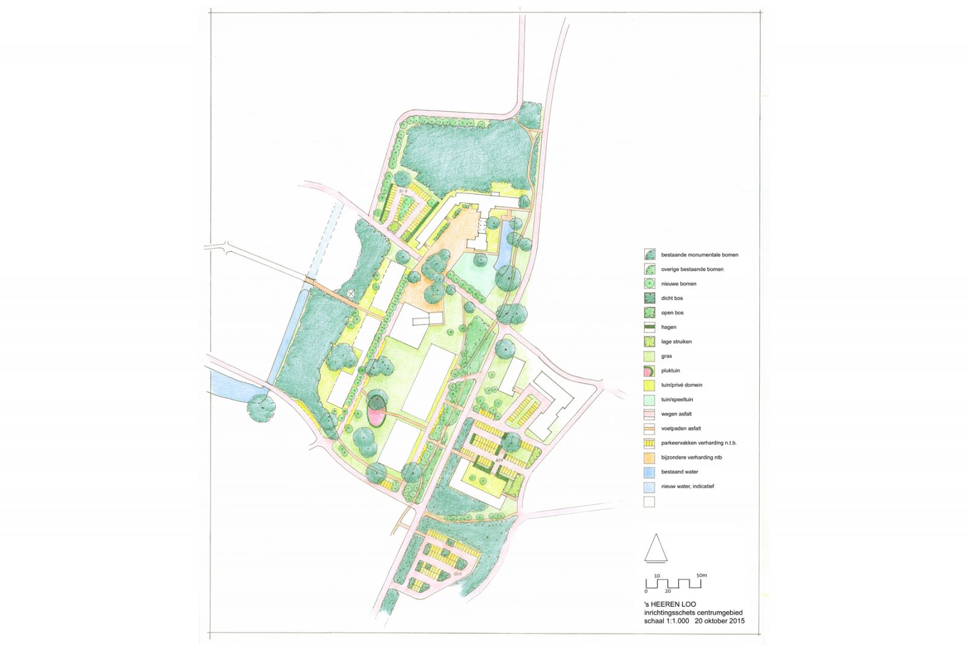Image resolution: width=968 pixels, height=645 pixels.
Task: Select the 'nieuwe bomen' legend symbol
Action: click(x=649, y=284)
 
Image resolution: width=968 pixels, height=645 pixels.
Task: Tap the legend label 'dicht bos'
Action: click(x=672, y=299)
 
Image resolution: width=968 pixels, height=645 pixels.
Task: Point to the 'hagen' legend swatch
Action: click(x=649, y=327)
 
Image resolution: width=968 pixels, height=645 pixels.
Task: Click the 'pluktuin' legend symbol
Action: click(x=649, y=371)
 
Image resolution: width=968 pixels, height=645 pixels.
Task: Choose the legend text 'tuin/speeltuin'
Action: click(x=677, y=400)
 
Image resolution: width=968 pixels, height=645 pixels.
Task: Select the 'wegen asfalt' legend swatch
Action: click(x=649, y=414)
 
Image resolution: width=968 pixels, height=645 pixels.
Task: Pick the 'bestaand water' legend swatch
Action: click(x=649, y=472)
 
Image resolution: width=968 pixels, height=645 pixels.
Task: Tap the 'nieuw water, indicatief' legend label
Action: click(x=687, y=486)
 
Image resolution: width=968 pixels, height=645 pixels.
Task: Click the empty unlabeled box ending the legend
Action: click(x=649, y=501)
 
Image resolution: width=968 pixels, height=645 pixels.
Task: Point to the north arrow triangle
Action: click(x=656, y=549)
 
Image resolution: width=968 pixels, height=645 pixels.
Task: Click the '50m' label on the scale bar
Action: click(x=701, y=575)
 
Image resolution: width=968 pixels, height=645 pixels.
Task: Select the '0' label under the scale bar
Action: click(x=646, y=591)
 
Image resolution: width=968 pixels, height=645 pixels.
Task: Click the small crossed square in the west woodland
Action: click(x=352, y=294)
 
